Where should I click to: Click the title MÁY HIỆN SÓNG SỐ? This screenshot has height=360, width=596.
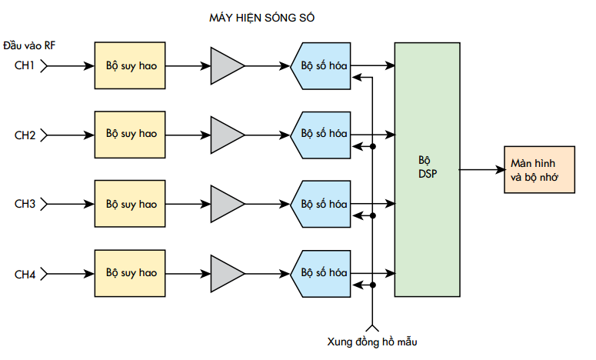pyautogui.click(x=262, y=18)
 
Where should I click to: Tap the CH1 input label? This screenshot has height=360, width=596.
pyautogui.click(x=25, y=65)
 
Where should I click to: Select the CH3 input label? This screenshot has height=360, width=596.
pyautogui.click(x=25, y=204)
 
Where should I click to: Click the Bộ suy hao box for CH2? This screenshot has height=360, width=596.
pyautogui.click(x=130, y=135)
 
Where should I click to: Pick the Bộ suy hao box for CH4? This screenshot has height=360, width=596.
pyautogui.click(x=130, y=273)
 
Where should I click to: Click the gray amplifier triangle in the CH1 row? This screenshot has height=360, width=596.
pyautogui.click(x=228, y=65)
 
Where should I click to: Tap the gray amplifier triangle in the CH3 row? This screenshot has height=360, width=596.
pyautogui.click(x=228, y=204)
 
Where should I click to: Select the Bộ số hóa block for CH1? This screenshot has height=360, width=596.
pyautogui.click(x=321, y=66)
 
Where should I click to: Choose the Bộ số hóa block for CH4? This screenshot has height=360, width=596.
pyautogui.click(x=321, y=274)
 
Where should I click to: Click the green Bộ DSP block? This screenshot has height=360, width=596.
pyautogui.click(x=428, y=169)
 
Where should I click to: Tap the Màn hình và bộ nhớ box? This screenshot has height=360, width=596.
pyautogui.click(x=539, y=169)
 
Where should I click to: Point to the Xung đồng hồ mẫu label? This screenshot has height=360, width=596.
pyautogui.click(x=372, y=342)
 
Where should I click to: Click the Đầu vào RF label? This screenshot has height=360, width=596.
pyautogui.click(x=29, y=45)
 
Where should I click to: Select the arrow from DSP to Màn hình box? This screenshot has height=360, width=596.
pyautogui.click(x=482, y=169)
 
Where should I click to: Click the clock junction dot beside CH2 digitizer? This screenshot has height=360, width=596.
pyautogui.click(x=372, y=146)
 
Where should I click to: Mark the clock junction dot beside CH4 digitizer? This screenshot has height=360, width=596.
pyautogui.click(x=372, y=285)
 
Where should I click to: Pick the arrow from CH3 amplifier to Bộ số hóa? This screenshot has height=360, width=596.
pyautogui.click(x=268, y=204)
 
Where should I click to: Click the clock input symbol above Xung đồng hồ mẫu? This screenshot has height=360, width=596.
pyautogui.click(x=372, y=328)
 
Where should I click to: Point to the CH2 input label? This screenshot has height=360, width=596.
pyautogui.click(x=25, y=135)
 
